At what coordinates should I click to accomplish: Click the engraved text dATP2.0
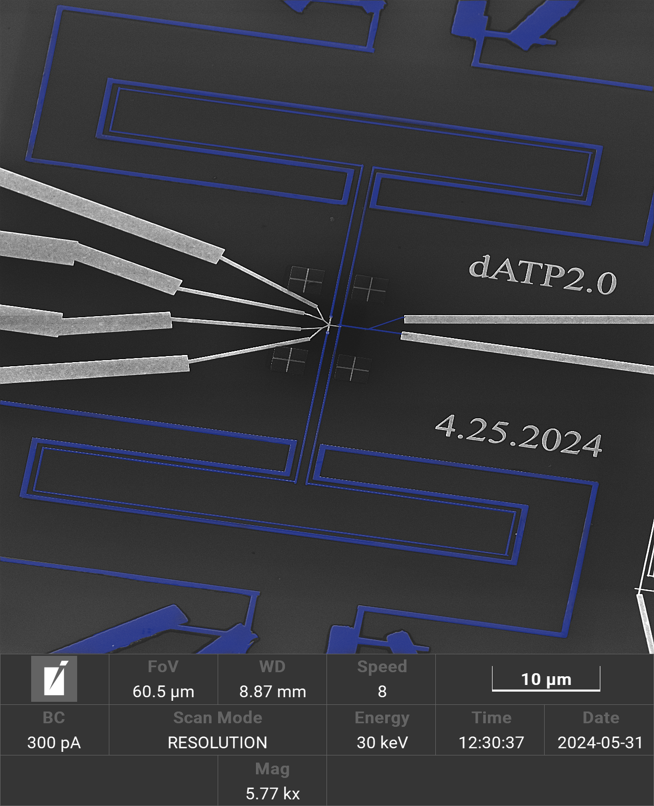pyautogui.click(x=543, y=275)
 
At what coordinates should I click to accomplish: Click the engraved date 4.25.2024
pyautogui.click(x=519, y=436)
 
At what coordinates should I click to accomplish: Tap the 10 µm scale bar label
pyautogui.click(x=546, y=679)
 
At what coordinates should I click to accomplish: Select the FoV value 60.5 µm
pyautogui.click(x=163, y=692)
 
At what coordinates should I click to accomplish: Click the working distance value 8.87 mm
pyautogui.click(x=272, y=692)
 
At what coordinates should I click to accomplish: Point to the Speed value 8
pyautogui.click(x=382, y=692)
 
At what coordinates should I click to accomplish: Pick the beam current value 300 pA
pyautogui.click(x=54, y=743)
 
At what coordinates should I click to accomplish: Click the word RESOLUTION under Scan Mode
pyautogui.click(x=218, y=743)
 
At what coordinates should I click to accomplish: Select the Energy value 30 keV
pyautogui.click(x=382, y=743)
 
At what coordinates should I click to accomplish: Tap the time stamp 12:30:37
pyautogui.click(x=491, y=743)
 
